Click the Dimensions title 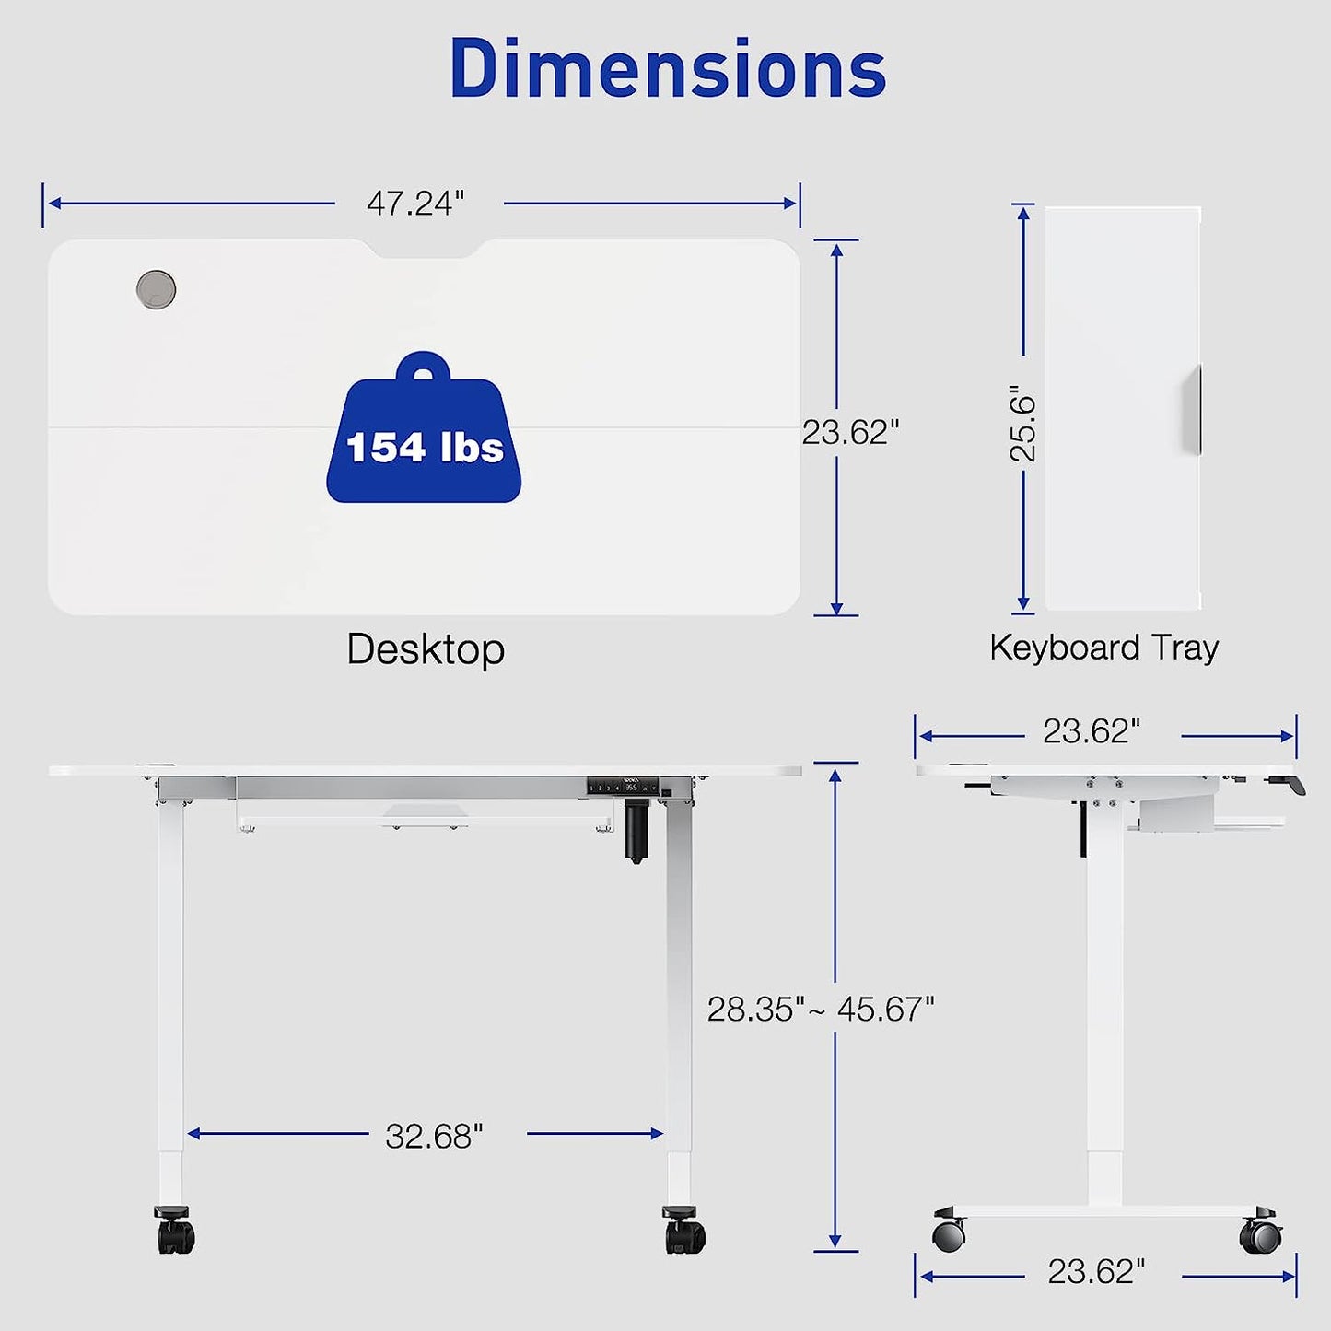point(668,69)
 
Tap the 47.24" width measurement point(415,203)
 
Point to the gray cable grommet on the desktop point(156,289)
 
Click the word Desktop point(426,650)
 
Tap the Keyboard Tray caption point(1103,648)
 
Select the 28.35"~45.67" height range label point(821,1010)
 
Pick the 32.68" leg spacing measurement point(434,1137)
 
